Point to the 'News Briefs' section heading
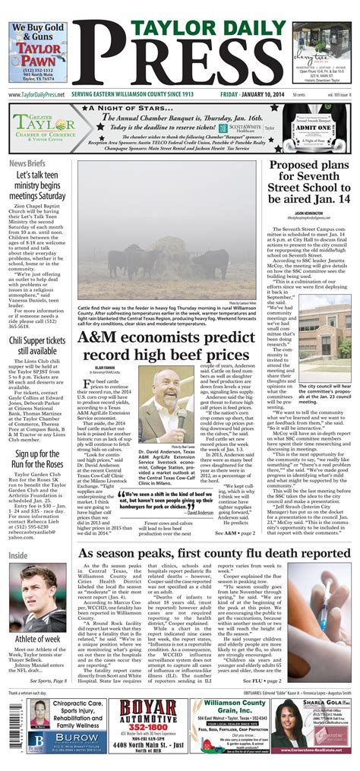tap(27, 164)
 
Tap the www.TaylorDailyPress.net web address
tap(36, 94)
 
